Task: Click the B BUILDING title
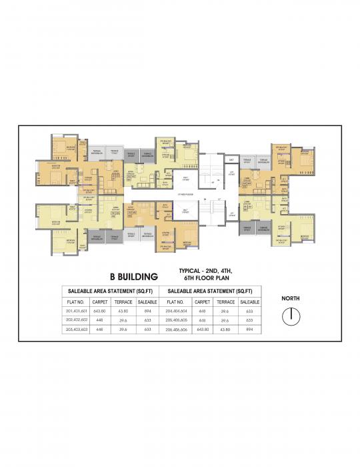coord(133,276)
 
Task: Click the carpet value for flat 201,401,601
coord(100,310)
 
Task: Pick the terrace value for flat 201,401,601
coord(123,310)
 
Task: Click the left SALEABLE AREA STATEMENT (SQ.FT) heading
coord(109,292)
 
